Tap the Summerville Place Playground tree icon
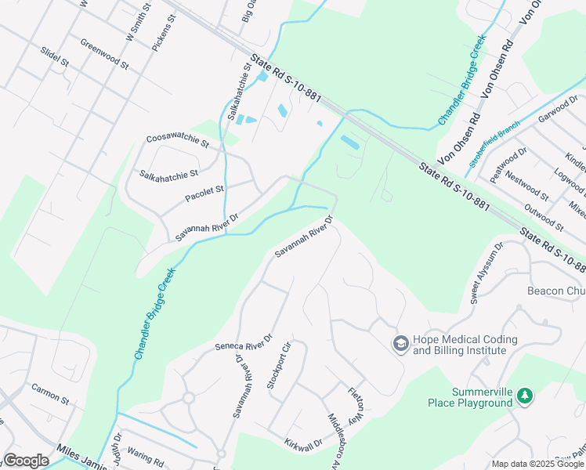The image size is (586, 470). [x=526, y=397]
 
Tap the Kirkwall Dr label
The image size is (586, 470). [x=303, y=443]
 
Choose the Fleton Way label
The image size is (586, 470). [x=356, y=403]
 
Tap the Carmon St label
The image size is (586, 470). [x=50, y=393]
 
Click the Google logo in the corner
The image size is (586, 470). [x=26, y=461]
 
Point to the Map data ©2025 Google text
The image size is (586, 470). [x=537, y=465]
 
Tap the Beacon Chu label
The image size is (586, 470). [x=555, y=291]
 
